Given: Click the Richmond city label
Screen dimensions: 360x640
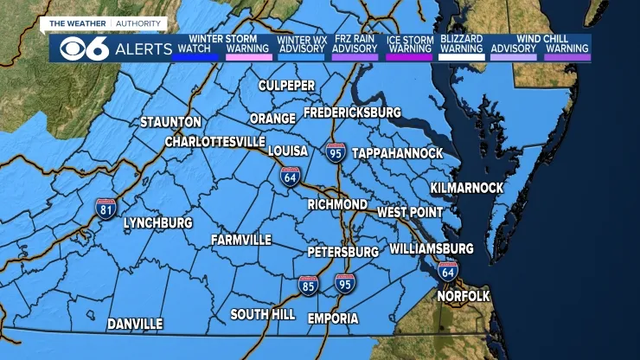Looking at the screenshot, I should (x=337, y=205).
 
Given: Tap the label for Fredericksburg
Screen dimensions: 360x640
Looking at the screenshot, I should (x=352, y=113).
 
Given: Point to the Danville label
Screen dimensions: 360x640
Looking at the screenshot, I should (x=135, y=324).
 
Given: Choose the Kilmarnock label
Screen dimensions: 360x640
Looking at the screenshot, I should (x=467, y=188).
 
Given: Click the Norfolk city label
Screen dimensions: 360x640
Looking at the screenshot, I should (x=463, y=296).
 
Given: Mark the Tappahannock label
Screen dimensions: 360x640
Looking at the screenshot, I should (x=397, y=153).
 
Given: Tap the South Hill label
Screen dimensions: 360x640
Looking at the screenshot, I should (x=263, y=315).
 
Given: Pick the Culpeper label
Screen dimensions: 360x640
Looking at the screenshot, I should (x=287, y=85).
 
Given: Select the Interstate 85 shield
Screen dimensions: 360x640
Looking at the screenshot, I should (x=309, y=284).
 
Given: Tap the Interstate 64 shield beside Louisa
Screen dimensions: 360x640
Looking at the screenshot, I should (x=291, y=176).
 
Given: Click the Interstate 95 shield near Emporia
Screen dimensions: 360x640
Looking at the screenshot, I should (x=345, y=282).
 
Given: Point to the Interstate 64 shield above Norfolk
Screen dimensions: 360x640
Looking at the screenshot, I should (x=447, y=270).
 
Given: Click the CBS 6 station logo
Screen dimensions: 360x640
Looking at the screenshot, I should (x=85, y=49).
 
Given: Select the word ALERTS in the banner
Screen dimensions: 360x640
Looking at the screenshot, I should (x=143, y=49).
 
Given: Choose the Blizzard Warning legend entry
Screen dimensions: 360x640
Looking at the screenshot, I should (x=461, y=44).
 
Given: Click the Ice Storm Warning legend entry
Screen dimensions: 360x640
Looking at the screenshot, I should (x=409, y=44).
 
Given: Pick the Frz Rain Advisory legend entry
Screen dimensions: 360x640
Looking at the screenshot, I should (x=355, y=44).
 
